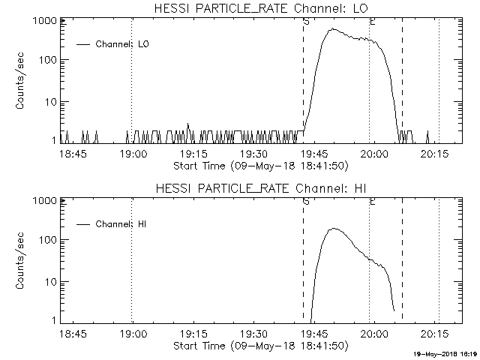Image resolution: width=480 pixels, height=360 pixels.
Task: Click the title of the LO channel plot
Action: [x=260, y=8]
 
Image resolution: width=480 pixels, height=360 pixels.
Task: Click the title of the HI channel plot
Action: [x=260, y=188]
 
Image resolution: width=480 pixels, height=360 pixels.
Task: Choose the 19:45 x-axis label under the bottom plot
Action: [x=314, y=334]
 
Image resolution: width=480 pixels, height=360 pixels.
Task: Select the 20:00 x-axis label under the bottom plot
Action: [x=374, y=334]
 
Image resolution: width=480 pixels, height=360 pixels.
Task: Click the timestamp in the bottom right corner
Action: [x=445, y=353]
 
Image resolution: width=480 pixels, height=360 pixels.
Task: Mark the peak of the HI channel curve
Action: [x=334, y=229]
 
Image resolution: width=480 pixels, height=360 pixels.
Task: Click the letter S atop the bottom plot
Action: [x=306, y=202]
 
